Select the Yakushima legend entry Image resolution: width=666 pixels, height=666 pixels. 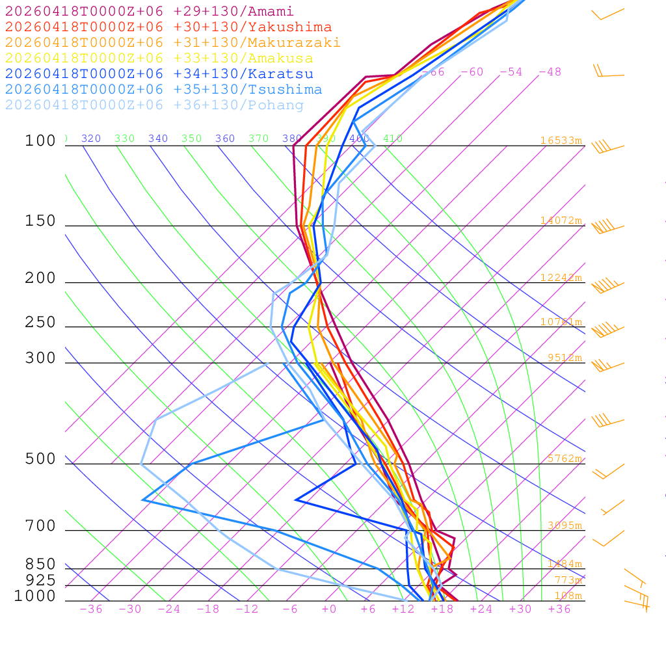click(168, 27)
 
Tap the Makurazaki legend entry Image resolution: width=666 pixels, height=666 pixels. click(173, 43)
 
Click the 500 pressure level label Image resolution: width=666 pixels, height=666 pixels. click(40, 459)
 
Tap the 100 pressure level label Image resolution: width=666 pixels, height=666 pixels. click(40, 141)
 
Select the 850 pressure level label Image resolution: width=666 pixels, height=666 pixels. click(40, 565)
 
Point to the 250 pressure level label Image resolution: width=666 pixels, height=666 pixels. click(40, 323)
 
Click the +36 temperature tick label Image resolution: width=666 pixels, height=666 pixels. click(559, 609)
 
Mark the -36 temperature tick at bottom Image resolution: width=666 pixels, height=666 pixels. click(90, 609)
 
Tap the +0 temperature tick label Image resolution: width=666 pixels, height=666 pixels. click(328, 609)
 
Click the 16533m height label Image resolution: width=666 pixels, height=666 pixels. click(561, 140)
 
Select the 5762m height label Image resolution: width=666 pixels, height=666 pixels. click(564, 459)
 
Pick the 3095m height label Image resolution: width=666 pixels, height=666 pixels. click(564, 526)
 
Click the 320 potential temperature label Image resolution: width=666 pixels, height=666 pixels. click(91, 139)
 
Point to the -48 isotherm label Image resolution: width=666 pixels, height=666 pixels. click(550, 72)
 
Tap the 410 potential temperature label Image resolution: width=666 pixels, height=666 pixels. click(393, 139)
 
